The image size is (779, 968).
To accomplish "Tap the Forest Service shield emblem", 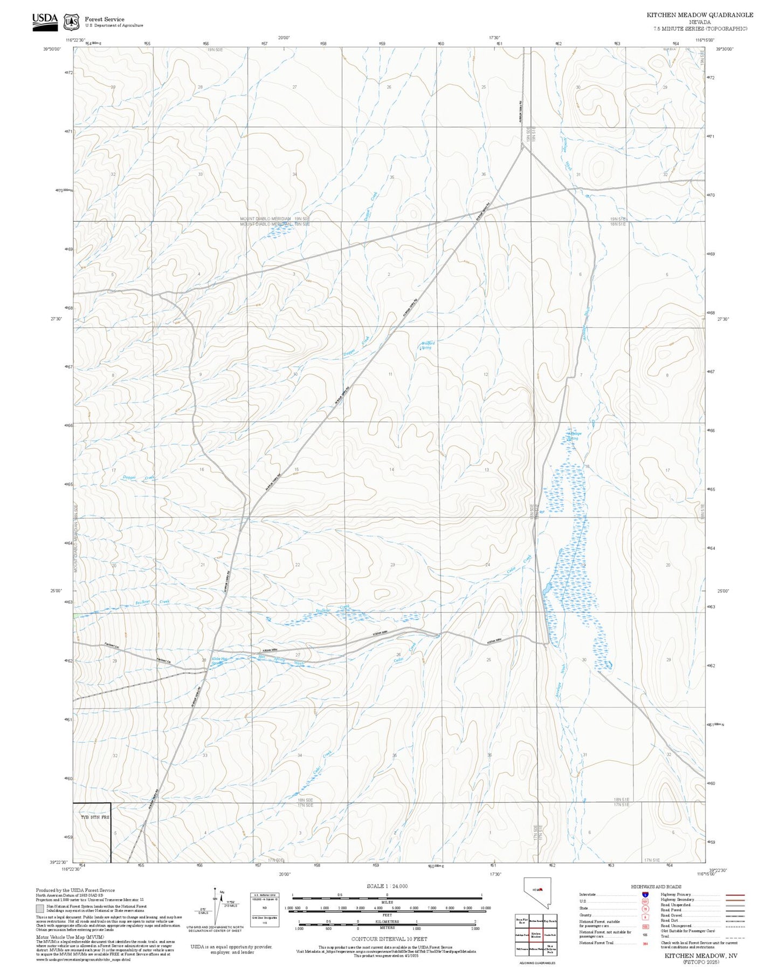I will tap(71, 22).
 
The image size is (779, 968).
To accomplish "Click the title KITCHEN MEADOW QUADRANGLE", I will tap(700, 15).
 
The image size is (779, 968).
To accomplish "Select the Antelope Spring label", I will tap(573, 435).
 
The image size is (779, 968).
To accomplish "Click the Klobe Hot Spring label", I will tap(218, 660).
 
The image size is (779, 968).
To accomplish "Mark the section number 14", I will tap(392, 469).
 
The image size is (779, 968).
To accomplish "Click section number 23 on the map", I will tap(392, 564).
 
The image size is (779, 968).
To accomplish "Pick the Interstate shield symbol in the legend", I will tap(645, 894).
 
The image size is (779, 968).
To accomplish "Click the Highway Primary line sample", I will tap(735, 894).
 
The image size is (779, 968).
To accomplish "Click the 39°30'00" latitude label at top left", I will tap(52, 49).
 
